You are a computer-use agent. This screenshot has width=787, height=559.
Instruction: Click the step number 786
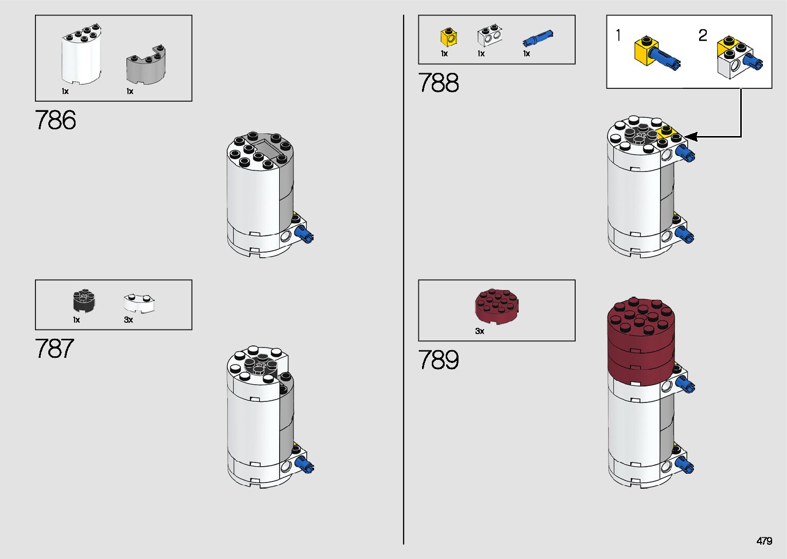(56, 120)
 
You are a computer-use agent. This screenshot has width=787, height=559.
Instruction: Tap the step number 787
(54, 349)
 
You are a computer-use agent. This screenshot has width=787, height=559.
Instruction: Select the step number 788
(438, 83)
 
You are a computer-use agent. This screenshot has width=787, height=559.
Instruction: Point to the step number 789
(438, 360)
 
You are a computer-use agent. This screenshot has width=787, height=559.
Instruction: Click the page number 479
(764, 541)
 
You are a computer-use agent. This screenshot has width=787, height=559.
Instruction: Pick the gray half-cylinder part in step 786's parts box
(146, 65)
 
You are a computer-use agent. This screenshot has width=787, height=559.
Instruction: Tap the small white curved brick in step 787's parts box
(139, 303)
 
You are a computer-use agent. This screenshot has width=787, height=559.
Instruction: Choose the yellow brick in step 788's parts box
(449, 37)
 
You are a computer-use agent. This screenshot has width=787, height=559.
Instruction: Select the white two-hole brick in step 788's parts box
(489, 36)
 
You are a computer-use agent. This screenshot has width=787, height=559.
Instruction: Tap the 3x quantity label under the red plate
(480, 331)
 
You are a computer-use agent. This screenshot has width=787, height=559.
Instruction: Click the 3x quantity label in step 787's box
(129, 320)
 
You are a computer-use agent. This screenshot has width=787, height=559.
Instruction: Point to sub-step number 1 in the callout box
(618, 35)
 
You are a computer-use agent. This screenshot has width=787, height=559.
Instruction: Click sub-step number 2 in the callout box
(703, 35)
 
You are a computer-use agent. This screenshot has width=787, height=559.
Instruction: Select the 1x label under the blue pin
(526, 53)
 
